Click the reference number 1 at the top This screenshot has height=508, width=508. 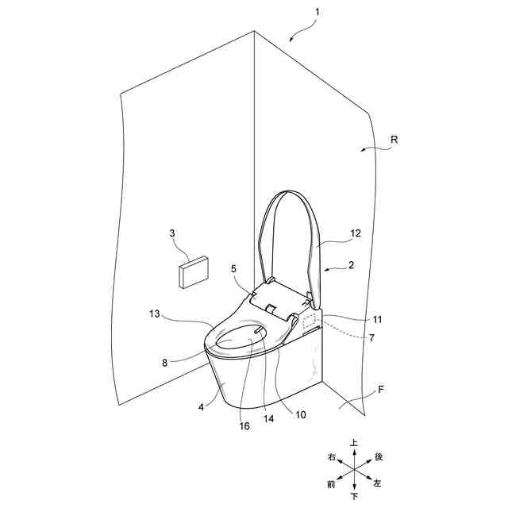point(317,13)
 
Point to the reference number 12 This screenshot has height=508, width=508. point(356,233)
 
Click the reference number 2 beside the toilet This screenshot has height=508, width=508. point(350,266)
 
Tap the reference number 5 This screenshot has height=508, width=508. point(234,269)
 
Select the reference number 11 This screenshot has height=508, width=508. point(377,319)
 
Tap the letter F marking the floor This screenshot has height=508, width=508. point(382,390)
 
